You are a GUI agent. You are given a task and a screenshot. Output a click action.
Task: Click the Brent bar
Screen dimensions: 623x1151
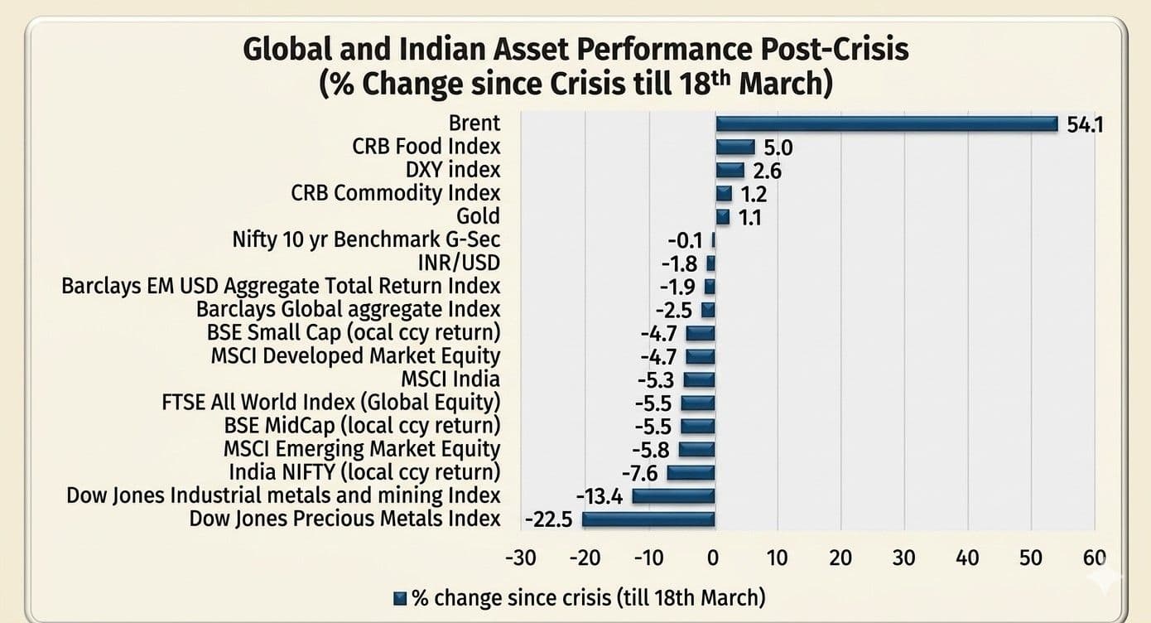coord(886,123)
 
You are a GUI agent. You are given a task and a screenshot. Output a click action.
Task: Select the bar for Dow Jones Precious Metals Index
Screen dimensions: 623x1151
coord(648,519)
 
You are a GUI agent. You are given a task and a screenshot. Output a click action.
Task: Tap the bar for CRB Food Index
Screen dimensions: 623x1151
coord(735,147)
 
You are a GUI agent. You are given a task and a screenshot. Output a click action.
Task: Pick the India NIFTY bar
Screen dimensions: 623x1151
coord(691,473)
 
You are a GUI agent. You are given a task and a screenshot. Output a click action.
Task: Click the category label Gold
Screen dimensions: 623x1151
coord(479,216)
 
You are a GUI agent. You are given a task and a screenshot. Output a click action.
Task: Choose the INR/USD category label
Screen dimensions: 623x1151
coord(460,263)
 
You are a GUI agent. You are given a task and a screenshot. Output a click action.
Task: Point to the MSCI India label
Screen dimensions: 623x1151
coord(450,379)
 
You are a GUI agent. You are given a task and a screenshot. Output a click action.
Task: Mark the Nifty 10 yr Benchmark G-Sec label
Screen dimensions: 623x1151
coord(366,240)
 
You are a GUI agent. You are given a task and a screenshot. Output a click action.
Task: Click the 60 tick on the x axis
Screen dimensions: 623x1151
coord(1095,557)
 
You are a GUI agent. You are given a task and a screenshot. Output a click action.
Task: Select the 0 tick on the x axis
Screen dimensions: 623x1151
coord(714,557)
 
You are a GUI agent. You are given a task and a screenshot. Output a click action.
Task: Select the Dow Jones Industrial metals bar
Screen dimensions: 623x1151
coord(673,496)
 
